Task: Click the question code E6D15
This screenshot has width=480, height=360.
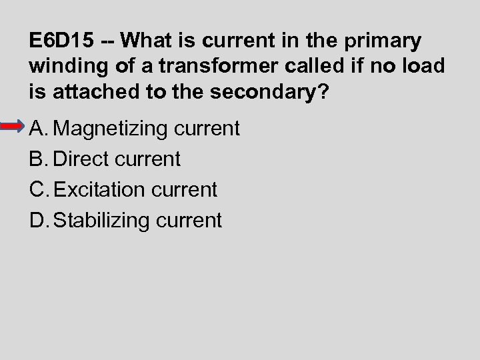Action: (x=62, y=41)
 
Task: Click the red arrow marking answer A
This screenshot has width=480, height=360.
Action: (x=13, y=127)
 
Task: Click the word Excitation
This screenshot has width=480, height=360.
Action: (x=100, y=189)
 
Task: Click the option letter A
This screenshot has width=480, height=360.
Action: (x=38, y=128)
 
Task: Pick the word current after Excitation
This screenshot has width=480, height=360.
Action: (x=185, y=189)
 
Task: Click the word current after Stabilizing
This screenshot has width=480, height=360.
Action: (x=189, y=220)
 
